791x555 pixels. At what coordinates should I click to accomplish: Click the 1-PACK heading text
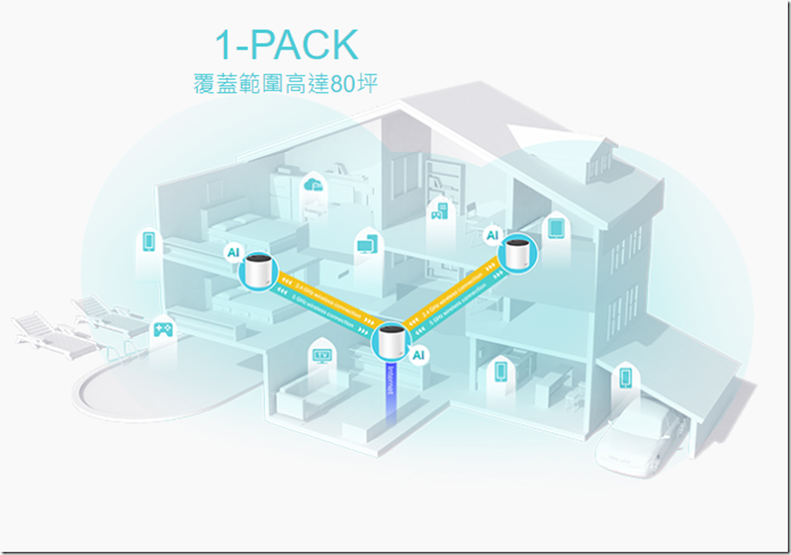(x=287, y=47)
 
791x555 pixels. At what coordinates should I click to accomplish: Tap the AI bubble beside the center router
(x=418, y=355)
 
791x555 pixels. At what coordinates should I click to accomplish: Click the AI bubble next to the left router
(x=233, y=252)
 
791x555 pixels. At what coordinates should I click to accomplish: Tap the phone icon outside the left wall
(x=148, y=240)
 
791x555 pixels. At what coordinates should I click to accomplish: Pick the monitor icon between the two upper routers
(x=366, y=244)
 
